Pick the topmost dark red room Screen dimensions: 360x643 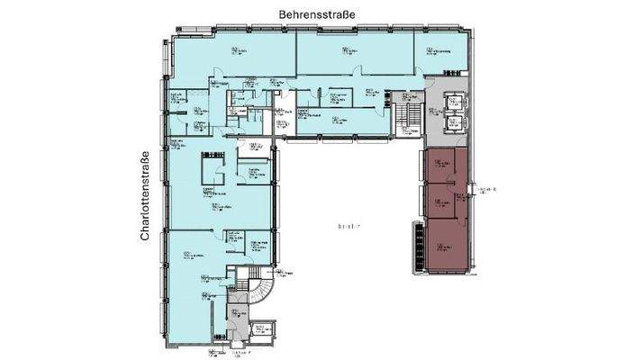coord(440,166)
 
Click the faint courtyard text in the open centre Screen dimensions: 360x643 coord(347,226)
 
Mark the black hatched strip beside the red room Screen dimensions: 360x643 coord(417,247)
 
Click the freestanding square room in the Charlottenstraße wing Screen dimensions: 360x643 coord(214,167)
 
